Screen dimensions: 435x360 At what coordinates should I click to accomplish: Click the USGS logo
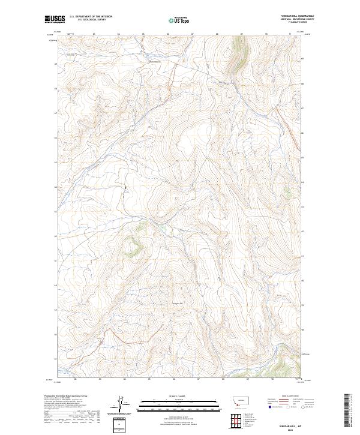(55, 19)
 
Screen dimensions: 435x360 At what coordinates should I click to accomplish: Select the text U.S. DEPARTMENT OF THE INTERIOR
(91, 17)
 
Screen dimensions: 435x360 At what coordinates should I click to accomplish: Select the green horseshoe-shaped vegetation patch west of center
(135, 246)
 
